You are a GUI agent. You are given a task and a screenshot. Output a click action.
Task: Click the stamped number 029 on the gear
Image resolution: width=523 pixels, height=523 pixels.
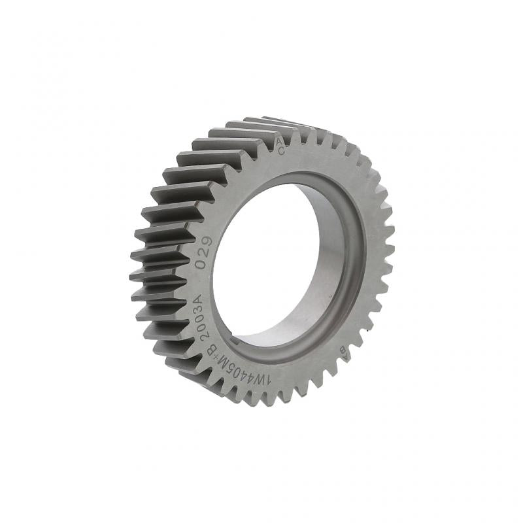[x=205, y=253]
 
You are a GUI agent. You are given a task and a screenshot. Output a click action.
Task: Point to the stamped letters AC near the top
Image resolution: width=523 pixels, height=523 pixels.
[x=280, y=146]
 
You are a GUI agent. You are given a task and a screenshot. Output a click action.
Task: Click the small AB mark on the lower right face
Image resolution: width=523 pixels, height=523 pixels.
[x=342, y=351]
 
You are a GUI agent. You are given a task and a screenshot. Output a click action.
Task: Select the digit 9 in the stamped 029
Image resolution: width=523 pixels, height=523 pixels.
[x=207, y=243]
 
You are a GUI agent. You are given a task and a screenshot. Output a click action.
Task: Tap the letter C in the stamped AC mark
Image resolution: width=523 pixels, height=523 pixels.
[x=281, y=151]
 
